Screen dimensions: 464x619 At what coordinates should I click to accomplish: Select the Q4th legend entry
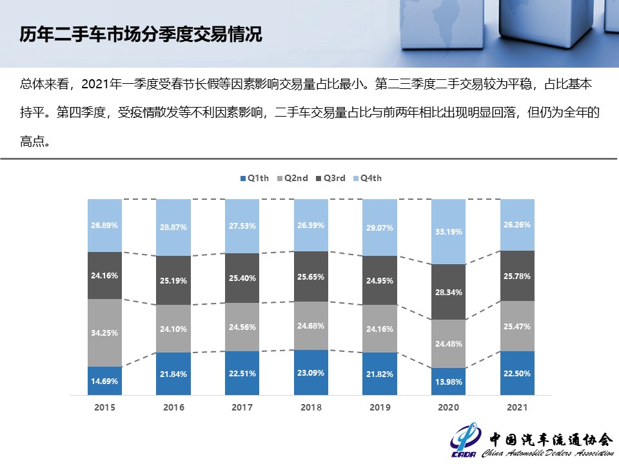[367, 178]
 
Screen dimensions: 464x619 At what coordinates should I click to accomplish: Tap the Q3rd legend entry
[330, 178]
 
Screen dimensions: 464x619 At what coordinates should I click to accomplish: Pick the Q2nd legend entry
[292, 178]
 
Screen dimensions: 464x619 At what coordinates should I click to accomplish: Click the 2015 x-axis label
[104, 407]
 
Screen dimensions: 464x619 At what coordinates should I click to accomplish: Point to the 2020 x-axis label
[448, 407]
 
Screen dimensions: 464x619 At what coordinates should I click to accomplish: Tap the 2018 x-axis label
[311, 407]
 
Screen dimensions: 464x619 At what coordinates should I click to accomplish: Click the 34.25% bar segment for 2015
[104, 333]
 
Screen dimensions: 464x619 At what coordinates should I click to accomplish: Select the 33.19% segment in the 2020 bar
[448, 232]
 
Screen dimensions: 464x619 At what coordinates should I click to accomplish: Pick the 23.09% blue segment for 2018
[311, 372]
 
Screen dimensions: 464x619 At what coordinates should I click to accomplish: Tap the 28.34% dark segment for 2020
[448, 292]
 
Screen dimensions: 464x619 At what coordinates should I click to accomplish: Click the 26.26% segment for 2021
[517, 225]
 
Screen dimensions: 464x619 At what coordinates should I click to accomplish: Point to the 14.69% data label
[104, 382]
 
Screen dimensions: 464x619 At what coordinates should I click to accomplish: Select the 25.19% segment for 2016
[173, 280]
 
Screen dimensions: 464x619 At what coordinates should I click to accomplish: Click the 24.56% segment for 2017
[242, 327]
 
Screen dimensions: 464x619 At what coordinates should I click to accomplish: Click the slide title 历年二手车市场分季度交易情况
[141, 34]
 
